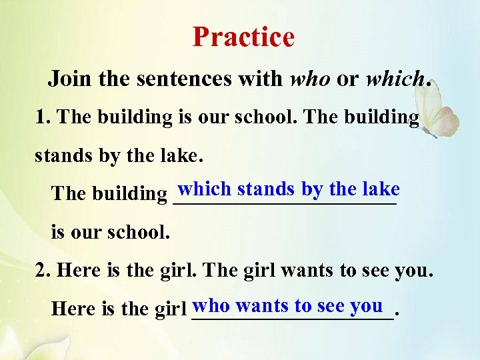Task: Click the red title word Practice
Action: point(243,37)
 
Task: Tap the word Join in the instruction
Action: point(70,79)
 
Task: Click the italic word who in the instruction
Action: point(310,79)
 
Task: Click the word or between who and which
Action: point(347,79)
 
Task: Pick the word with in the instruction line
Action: point(265,79)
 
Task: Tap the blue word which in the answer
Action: point(205,189)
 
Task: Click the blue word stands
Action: point(266,189)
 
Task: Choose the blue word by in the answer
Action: point(311,189)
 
